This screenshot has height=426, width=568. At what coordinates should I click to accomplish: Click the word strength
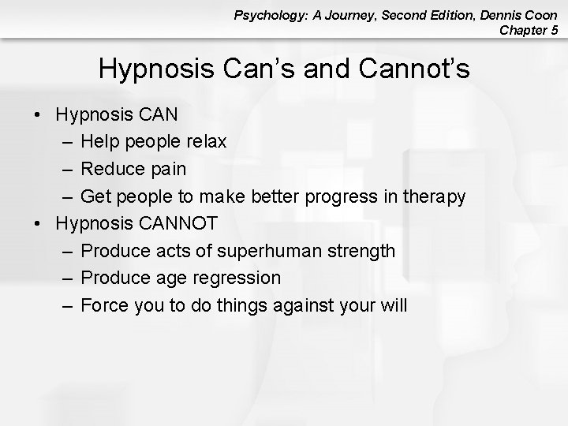361,251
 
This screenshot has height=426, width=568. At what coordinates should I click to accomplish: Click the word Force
101,305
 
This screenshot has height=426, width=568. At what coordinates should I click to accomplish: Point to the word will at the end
392,305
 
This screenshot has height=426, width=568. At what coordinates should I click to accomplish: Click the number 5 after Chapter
555,31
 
